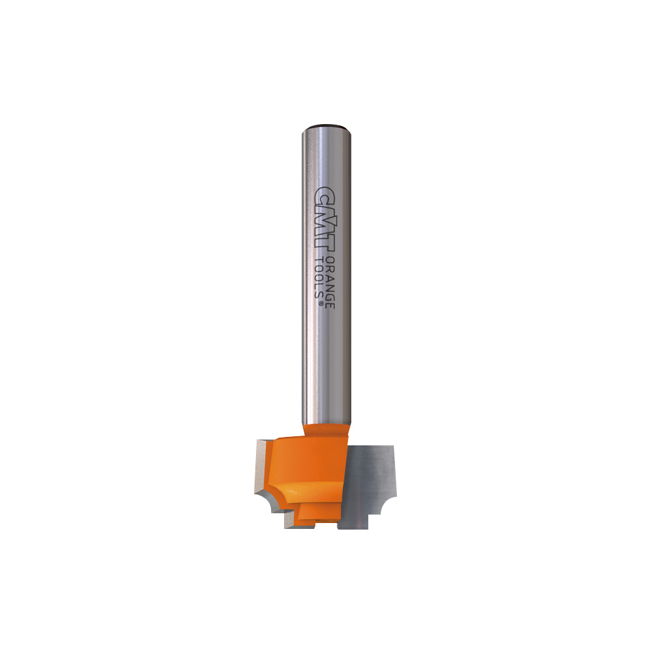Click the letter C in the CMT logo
pyautogui.click(x=325, y=195)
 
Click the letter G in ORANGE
pyautogui.click(x=329, y=293)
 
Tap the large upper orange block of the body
pyautogui.click(x=307, y=467)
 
